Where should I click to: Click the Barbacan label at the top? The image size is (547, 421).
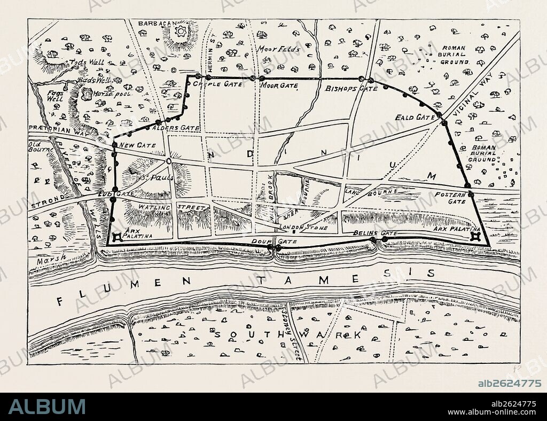[153, 24]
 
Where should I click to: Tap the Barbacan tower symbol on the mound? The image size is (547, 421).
[181, 32]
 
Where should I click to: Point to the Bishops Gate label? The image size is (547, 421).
[351, 88]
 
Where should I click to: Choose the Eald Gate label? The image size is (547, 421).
[415, 117]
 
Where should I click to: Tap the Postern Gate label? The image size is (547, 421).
[450, 198]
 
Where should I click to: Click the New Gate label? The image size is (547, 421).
[138, 145]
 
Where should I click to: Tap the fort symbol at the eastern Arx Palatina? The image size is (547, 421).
[474, 237]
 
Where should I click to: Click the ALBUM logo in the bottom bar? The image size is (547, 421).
[46, 407]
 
